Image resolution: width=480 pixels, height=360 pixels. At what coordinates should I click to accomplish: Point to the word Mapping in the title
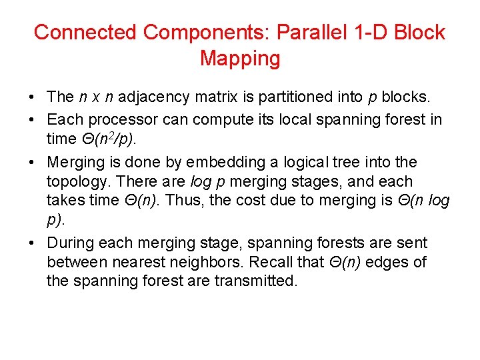(x=240, y=59)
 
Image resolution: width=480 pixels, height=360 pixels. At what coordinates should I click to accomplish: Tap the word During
(x=69, y=243)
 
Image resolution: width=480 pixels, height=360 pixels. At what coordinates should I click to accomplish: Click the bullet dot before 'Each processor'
(x=32, y=121)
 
